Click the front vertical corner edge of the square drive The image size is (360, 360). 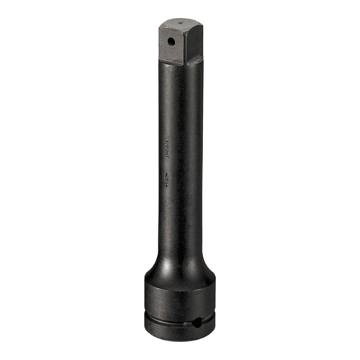181,47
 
